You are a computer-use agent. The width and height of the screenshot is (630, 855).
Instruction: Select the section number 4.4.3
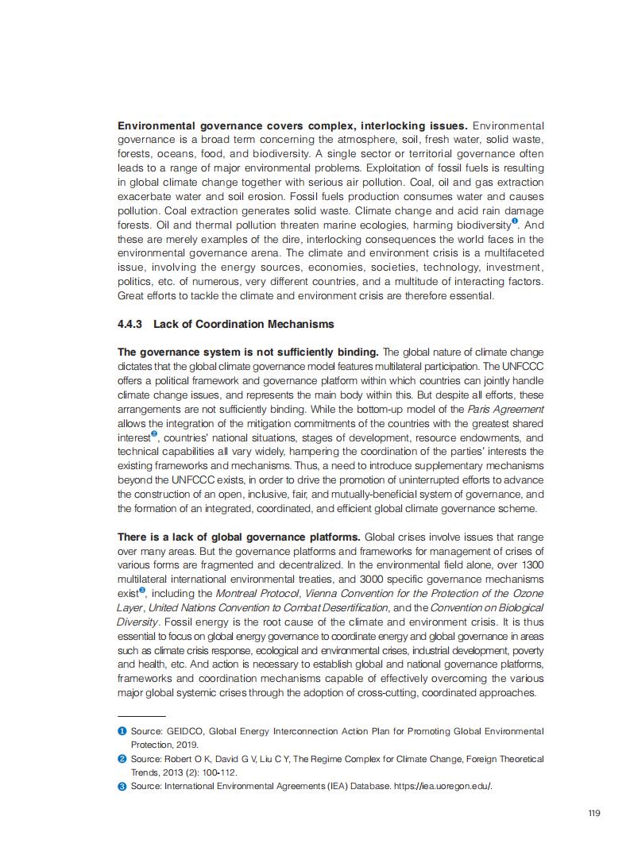click(x=132, y=324)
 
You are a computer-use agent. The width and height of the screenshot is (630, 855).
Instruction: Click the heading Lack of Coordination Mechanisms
click(x=244, y=324)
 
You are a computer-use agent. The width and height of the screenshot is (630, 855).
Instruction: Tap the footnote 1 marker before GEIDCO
click(x=122, y=730)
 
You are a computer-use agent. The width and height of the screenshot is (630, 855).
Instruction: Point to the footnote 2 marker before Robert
click(x=122, y=758)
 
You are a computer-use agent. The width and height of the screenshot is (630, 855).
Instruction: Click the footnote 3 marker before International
click(x=122, y=786)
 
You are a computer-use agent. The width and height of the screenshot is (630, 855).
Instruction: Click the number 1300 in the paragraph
click(x=532, y=565)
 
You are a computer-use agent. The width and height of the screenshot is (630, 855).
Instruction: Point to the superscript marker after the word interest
click(x=154, y=434)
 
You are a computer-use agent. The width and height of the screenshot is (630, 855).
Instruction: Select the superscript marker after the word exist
click(x=142, y=591)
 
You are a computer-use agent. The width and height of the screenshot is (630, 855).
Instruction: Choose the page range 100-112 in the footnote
click(x=216, y=772)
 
